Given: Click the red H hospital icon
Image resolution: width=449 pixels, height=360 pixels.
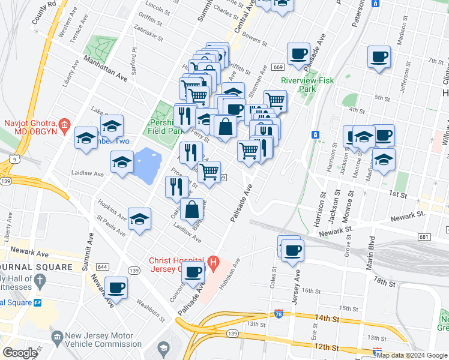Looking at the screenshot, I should [213, 263].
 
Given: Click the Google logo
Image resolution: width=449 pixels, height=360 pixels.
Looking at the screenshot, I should [20, 353].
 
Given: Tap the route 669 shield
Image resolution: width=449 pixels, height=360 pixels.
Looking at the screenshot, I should [277, 67].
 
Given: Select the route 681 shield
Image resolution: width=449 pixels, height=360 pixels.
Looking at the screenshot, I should [424, 238].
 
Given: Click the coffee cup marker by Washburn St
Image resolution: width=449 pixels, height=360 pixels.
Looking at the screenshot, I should [116, 287].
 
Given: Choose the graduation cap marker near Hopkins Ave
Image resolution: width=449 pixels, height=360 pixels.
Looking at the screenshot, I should [139, 219].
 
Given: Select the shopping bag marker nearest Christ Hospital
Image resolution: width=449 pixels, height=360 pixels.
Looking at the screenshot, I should [192, 210].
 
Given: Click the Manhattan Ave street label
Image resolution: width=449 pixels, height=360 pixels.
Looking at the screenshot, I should [106, 69].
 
